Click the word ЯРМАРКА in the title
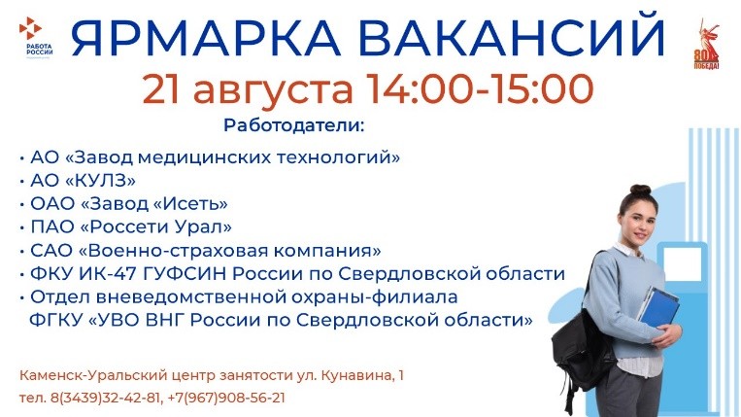click(206, 38)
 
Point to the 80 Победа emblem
click(706, 45)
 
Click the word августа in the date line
click(273, 90)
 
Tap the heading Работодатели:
click(294, 125)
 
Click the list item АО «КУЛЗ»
click(84, 180)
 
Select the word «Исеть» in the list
click(191, 203)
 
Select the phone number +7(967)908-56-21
click(226, 398)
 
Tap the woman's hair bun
click(640, 190)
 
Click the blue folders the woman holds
click(657, 307)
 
